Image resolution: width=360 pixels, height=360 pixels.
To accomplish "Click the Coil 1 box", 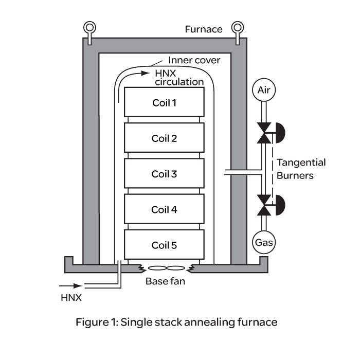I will (x=164, y=102).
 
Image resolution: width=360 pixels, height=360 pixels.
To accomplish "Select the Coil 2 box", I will (x=164, y=138).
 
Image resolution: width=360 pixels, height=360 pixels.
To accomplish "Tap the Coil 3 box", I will (x=164, y=174).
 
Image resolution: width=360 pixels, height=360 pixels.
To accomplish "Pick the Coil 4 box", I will (x=164, y=210).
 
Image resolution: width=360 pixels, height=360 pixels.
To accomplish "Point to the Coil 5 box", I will (x=164, y=245).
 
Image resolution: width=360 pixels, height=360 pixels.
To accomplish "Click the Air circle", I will (x=264, y=91).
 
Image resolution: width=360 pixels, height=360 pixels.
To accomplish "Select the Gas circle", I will (x=264, y=241).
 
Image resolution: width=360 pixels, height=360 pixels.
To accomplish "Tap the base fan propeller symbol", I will (x=164, y=268).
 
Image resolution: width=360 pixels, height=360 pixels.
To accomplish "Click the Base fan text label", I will (x=164, y=281).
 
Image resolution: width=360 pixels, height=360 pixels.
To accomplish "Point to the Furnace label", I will (x=204, y=29).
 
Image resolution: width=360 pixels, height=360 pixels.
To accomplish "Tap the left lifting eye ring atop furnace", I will (x=89, y=27).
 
